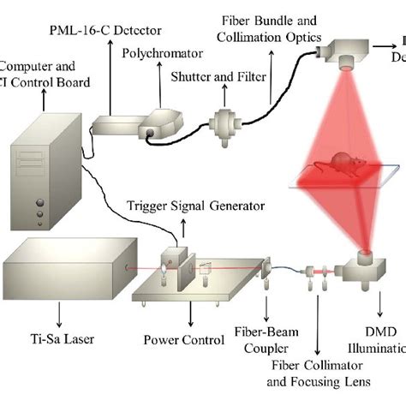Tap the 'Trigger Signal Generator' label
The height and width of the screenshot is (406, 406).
[x=184, y=206]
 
